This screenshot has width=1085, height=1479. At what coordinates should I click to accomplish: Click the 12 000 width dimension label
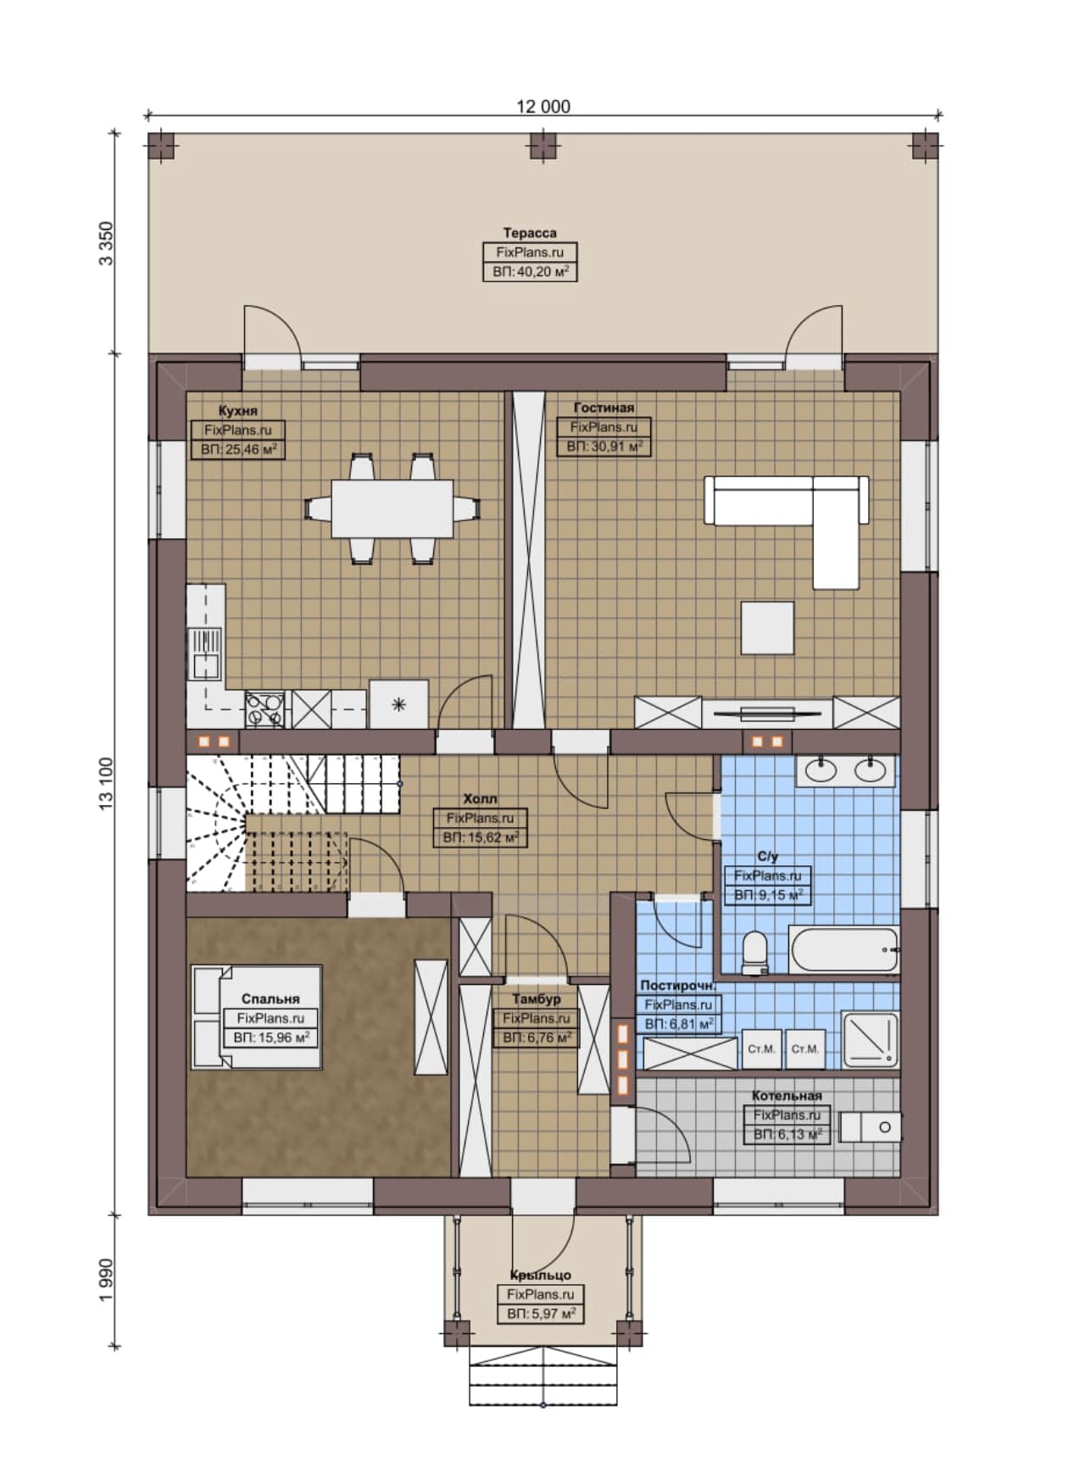point(543,107)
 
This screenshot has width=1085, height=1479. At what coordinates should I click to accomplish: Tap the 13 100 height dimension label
point(106,784)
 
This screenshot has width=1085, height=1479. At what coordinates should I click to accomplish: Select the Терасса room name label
point(530,232)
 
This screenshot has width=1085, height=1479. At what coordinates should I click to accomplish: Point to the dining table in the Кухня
point(392,509)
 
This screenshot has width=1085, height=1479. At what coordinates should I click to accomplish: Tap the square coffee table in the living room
point(767,628)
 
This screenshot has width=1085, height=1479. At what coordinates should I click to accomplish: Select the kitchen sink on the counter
point(206,654)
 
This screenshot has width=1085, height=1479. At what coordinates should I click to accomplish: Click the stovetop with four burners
point(264,709)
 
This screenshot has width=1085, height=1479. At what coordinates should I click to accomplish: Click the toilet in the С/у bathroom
point(754,954)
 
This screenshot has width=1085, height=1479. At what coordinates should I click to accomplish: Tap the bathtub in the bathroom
point(843,951)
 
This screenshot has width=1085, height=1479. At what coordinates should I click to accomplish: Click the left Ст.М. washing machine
point(761,1049)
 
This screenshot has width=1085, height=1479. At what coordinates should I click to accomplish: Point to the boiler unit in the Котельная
point(870,1127)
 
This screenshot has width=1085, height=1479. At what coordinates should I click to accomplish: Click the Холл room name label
point(480,798)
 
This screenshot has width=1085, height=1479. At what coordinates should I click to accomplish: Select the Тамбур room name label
point(536,999)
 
